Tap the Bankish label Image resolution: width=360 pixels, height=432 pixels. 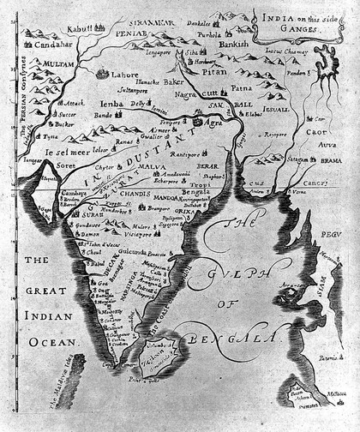(x=233, y=43)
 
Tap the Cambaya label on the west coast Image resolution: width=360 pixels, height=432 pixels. (x=58, y=195)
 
